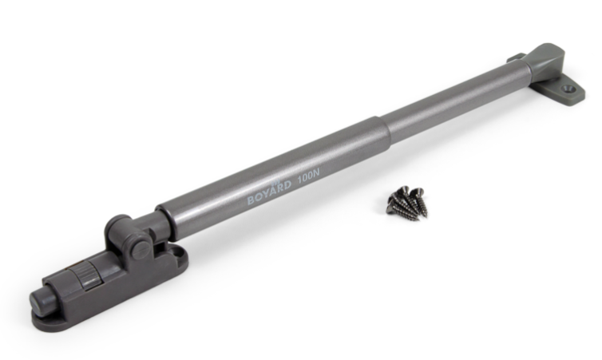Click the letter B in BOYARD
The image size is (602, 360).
click(x=251, y=200)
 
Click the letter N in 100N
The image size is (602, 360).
click(x=315, y=172)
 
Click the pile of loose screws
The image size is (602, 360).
click(x=407, y=202)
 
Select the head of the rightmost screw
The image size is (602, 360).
click(x=417, y=190)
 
